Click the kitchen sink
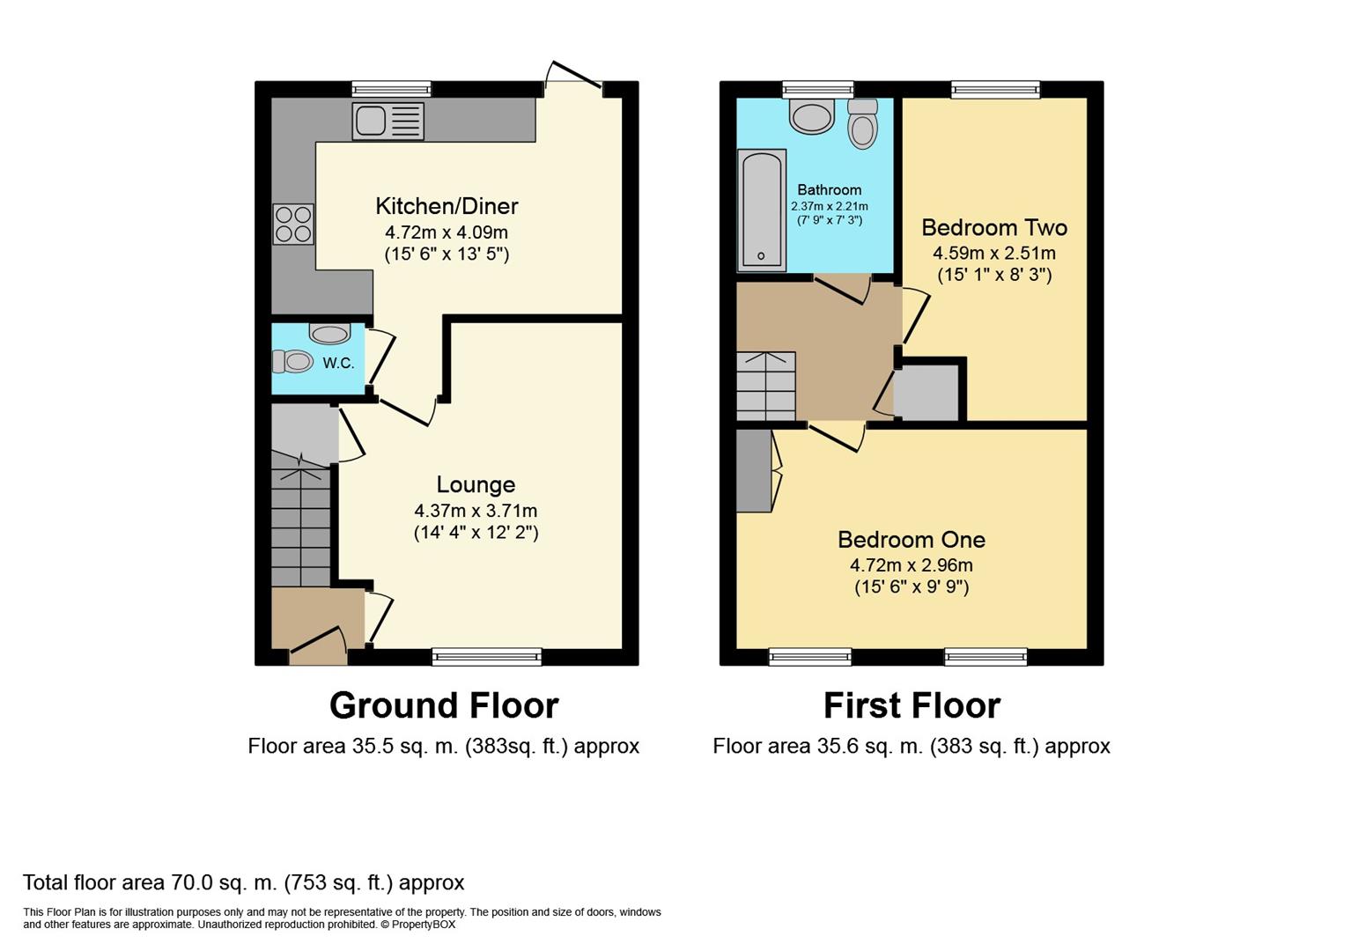(x=388, y=122)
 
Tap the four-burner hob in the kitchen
(x=293, y=225)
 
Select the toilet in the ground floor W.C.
(x=292, y=362)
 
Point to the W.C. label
(x=338, y=363)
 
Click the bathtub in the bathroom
(x=762, y=210)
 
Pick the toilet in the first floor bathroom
(x=863, y=124)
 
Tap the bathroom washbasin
(x=812, y=117)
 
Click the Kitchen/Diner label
(x=447, y=206)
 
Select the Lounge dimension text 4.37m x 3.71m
(x=476, y=511)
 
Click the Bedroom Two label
(x=994, y=227)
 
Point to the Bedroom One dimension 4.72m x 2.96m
(x=911, y=565)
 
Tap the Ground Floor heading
(x=444, y=705)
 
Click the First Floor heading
(x=911, y=705)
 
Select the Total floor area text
(x=244, y=882)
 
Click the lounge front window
(x=487, y=656)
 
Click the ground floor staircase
(x=300, y=519)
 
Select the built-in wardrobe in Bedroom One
(x=754, y=470)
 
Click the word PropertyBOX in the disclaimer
(x=423, y=925)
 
